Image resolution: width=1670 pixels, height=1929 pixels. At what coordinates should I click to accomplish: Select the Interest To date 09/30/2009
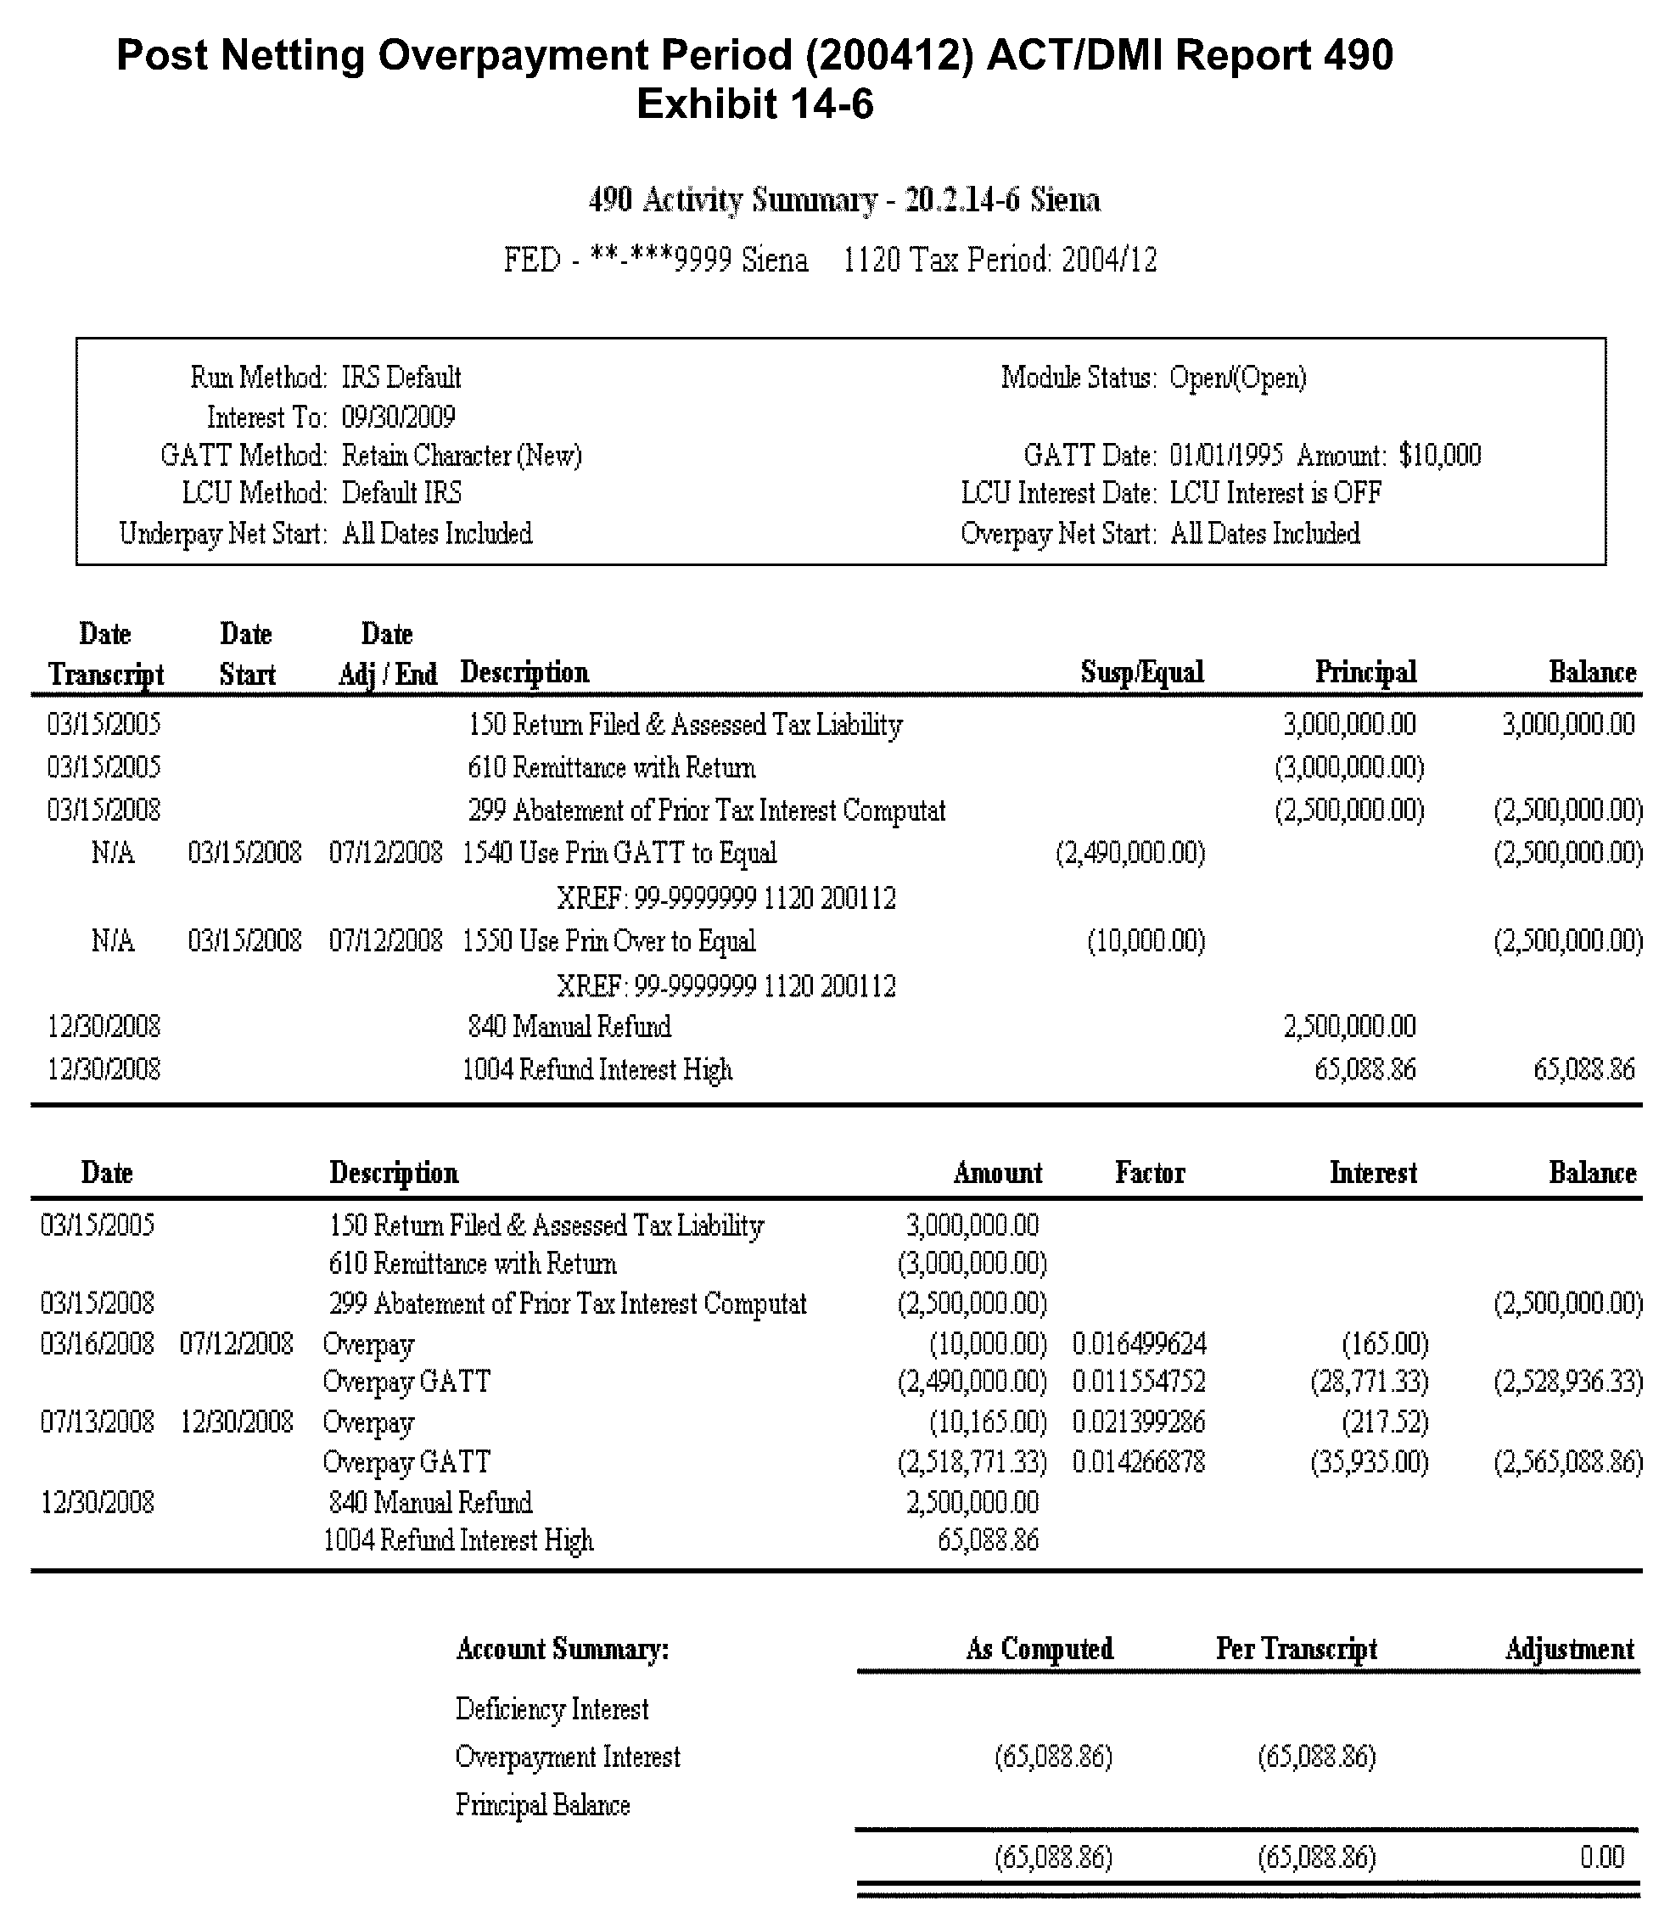(398, 417)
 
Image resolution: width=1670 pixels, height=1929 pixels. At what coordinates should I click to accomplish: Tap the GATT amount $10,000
(1440, 456)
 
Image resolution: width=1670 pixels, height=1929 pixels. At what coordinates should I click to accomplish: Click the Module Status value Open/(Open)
(1237, 379)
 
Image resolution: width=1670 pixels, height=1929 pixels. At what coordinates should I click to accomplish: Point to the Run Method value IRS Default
(401, 379)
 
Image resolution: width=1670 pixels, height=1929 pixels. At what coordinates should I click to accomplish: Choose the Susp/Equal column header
(1141, 672)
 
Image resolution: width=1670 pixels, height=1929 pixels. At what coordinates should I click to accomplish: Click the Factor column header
(1149, 1172)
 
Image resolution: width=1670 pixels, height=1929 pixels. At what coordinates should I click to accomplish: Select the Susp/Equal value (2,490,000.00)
(1129, 853)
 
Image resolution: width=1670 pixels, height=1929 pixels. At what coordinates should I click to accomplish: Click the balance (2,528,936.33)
(1567, 1381)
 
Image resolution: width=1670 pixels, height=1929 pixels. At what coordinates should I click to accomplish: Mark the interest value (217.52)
(1385, 1422)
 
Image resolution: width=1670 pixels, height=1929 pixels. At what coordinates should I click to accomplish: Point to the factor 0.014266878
(1138, 1461)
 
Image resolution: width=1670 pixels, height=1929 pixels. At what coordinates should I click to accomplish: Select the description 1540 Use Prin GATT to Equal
(619, 853)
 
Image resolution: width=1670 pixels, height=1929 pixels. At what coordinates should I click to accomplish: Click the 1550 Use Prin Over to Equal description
(608, 941)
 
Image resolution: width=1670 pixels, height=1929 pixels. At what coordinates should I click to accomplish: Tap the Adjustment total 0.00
(1601, 1857)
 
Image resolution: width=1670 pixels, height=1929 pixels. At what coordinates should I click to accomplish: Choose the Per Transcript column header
(1297, 1648)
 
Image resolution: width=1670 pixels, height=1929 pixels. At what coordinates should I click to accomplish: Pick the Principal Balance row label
(542, 1805)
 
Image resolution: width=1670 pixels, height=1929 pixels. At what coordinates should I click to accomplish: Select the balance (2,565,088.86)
(1567, 1461)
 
